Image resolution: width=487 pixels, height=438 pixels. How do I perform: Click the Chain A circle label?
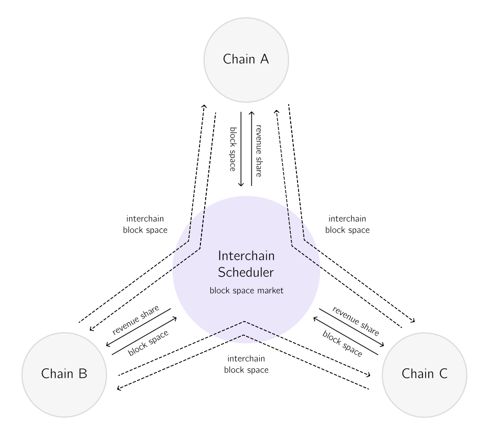[x=246, y=59]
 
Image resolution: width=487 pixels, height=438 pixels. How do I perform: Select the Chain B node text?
[x=64, y=374]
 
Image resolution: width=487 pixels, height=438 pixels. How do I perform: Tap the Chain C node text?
[x=425, y=374]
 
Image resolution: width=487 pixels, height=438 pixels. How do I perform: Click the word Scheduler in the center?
[x=246, y=272]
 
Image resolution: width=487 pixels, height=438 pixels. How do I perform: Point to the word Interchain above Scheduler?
[x=246, y=256]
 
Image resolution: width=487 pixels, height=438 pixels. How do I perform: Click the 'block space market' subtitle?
[x=246, y=291]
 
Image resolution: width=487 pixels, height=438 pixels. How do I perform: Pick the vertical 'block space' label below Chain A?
[x=233, y=149]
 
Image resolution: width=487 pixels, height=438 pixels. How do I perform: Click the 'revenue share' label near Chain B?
[x=135, y=320]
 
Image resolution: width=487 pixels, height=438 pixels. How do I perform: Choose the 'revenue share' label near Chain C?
[x=356, y=320]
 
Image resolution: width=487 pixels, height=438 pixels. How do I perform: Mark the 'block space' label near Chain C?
[x=342, y=344]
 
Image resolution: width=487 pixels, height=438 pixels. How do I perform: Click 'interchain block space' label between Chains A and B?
[x=145, y=224]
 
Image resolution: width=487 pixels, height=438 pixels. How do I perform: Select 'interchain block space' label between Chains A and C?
[x=347, y=224]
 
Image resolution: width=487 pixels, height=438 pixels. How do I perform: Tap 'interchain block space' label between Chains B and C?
[x=246, y=364]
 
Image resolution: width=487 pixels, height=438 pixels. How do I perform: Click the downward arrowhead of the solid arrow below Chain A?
[x=241, y=184]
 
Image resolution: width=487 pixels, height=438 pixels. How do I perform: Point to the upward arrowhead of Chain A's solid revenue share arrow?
[x=251, y=113]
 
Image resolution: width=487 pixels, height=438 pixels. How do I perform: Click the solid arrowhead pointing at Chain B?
[x=108, y=345]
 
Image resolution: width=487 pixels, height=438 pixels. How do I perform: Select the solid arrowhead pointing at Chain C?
[x=382, y=345]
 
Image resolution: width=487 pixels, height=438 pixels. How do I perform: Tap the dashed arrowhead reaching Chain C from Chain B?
[x=368, y=375]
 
